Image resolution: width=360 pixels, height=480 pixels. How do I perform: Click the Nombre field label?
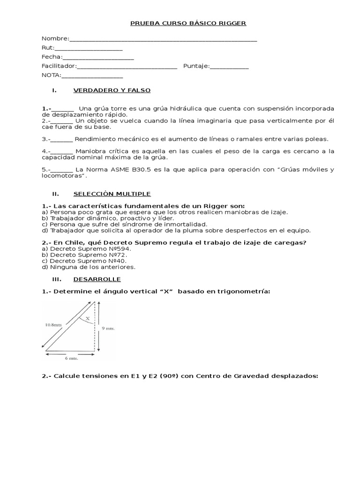coord(55,38)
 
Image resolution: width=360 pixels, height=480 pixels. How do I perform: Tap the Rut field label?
coord(48,47)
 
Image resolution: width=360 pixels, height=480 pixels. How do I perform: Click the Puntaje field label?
coord(196,66)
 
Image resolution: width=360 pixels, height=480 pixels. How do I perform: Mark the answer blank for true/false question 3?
coord(62,139)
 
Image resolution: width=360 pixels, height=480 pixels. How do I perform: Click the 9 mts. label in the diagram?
coord(108,329)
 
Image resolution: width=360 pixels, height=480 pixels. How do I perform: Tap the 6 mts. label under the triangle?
coord(71,359)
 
